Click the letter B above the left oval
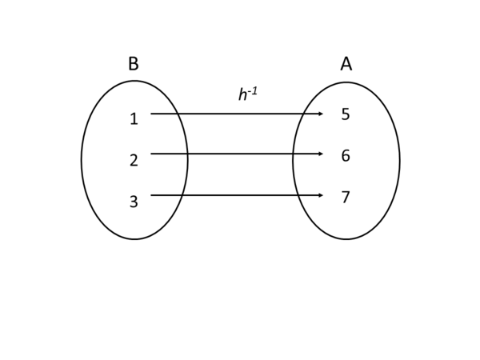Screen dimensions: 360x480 [133, 64]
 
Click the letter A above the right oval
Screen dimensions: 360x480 [346, 64]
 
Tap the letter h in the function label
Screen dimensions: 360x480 [243, 95]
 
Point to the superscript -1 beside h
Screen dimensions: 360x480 [253, 91]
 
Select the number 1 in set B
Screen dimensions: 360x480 [134, 119]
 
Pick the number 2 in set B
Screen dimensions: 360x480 [134, 161]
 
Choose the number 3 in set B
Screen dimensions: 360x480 [134, 202]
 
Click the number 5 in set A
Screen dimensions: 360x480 [346, 114]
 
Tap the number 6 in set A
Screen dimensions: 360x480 [346, 156]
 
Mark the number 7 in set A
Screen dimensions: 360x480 [346, 198]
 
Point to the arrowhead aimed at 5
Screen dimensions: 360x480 [321, 114]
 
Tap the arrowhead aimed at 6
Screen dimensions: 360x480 [321, 154]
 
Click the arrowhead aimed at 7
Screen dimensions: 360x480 [321, 195]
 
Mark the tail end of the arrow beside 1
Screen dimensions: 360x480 [152, 114]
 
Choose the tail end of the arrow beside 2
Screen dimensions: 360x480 [152, 154]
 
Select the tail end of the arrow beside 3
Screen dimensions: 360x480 [152, 195]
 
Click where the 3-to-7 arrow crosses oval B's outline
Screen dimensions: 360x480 [182, 195]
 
